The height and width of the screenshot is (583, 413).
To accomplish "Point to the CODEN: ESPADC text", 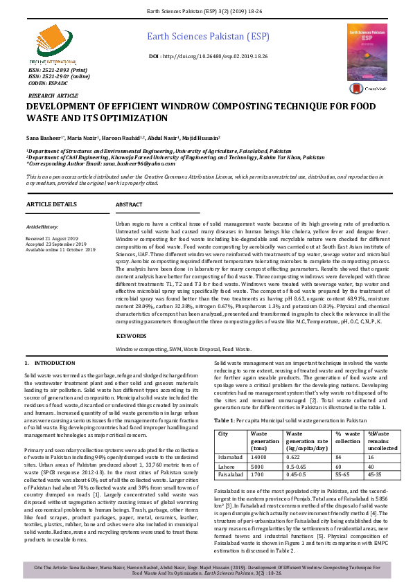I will click(47, 82).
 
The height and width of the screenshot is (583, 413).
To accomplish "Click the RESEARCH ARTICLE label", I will click(53, 95).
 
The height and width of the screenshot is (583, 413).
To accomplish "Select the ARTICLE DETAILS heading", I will click(51, 205).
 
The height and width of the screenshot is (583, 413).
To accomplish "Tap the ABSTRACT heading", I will click(129, 205).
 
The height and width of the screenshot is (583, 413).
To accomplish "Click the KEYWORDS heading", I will click(132, 335).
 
